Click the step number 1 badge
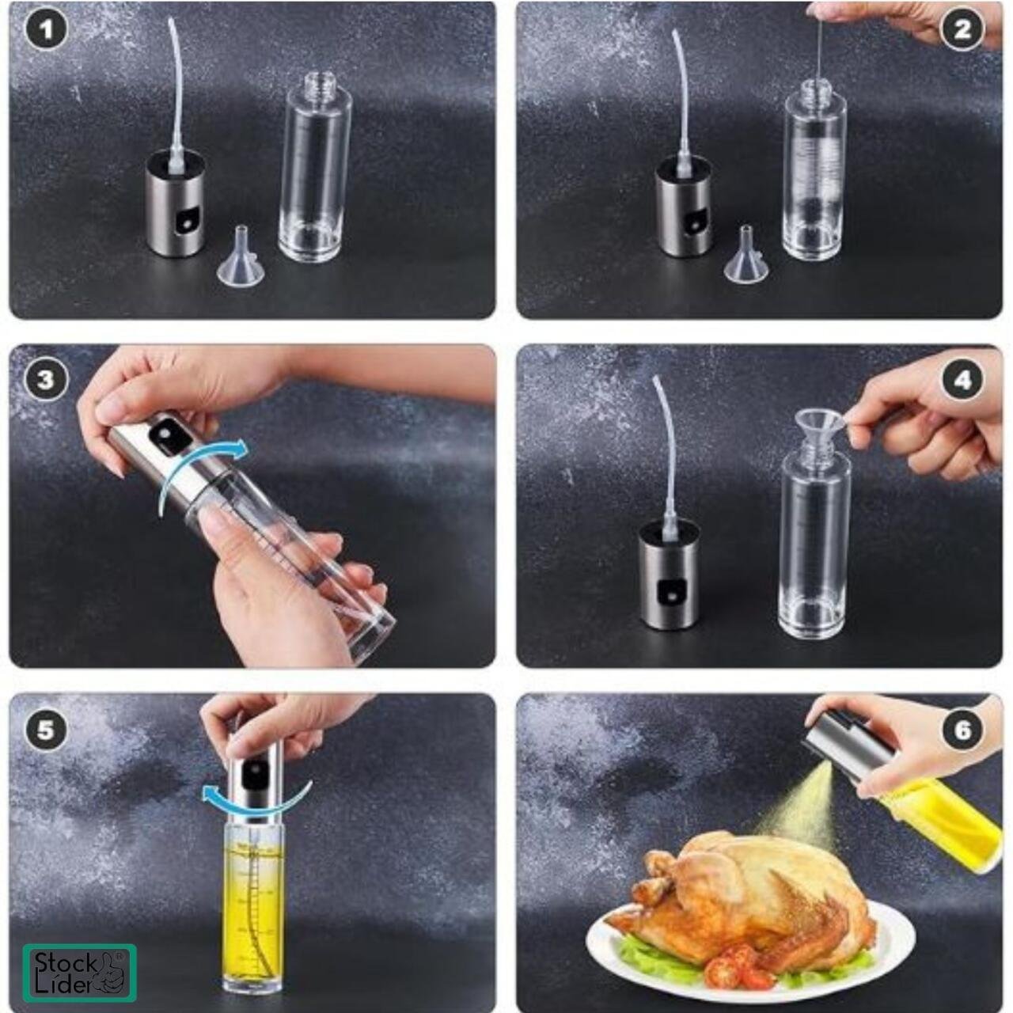(x=47, y=30)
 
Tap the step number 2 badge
(x=962, y=29)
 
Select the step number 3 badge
(x=46, y=380)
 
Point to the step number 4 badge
(x=962, y=380)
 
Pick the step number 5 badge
(x=46, y=730)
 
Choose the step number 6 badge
(x=962, y=730)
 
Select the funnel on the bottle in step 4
(x=819, y=430)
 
